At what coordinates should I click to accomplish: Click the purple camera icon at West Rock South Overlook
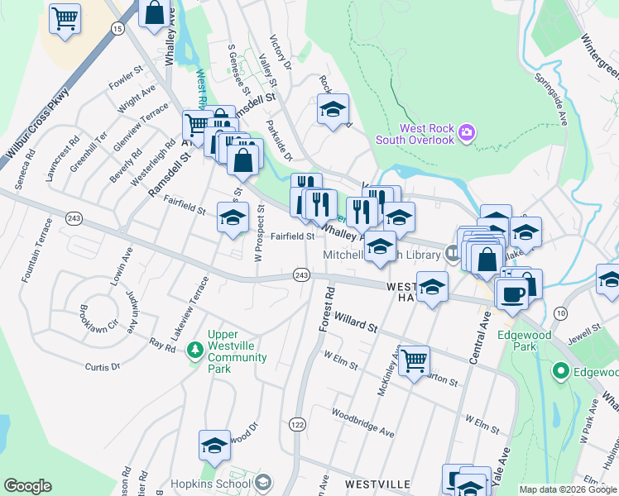click(467, 132)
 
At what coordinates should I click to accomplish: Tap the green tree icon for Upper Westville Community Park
click(195, 351)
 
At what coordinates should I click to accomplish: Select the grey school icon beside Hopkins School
click(263, 482)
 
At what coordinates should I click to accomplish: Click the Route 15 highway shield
click(118, 29)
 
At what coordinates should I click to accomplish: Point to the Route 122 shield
click(297, 423)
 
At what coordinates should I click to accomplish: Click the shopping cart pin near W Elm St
click(413, 360)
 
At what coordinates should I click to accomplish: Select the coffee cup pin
click(511, 293)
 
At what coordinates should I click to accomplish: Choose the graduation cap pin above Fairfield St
click(233, 217)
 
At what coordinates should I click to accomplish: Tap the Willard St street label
click(355, 322)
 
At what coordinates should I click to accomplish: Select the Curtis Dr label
click(103, 365)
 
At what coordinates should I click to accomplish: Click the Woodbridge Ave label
click(363, 419)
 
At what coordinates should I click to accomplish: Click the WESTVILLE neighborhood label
click(378, 483)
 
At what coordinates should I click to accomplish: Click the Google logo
click(27, 486)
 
